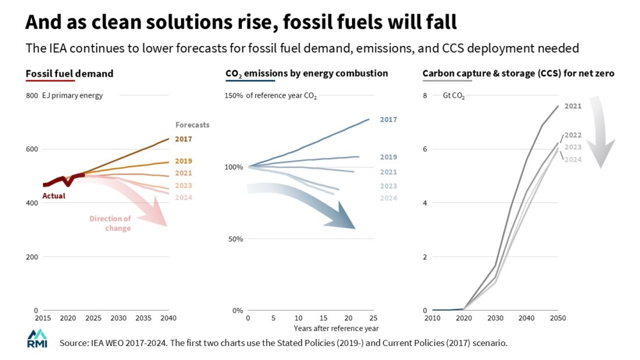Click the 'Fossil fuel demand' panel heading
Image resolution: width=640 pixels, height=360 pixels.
[x=69, y=74]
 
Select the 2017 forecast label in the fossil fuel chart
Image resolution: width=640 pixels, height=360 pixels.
[x=183, y=139]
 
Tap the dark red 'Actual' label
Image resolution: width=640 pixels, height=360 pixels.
[x=54, y=196]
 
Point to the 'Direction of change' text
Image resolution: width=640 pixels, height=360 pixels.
[x=111, y=223]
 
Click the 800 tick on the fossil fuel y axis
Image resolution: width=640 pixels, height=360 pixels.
[x=31, y=95]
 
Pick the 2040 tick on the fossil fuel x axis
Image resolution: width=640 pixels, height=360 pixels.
[x=168, y=319]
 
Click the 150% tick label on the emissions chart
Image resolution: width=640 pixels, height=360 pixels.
[x=234, y=95]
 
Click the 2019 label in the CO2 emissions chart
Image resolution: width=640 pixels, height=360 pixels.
[x=388, y=157]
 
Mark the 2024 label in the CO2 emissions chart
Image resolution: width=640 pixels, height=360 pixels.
[x=388, y=198]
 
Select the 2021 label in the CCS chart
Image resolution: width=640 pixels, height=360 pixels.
[x=573, y=106]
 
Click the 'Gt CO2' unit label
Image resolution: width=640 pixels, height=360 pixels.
[x=454, y=96]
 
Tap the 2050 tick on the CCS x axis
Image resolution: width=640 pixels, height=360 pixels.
[x=557, y=319]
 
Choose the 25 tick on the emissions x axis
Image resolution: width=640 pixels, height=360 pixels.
[x=373, y=319]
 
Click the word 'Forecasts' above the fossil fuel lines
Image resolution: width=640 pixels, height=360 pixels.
[x=192, y=124]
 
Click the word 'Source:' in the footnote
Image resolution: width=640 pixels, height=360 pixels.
[x=74, y=343]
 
